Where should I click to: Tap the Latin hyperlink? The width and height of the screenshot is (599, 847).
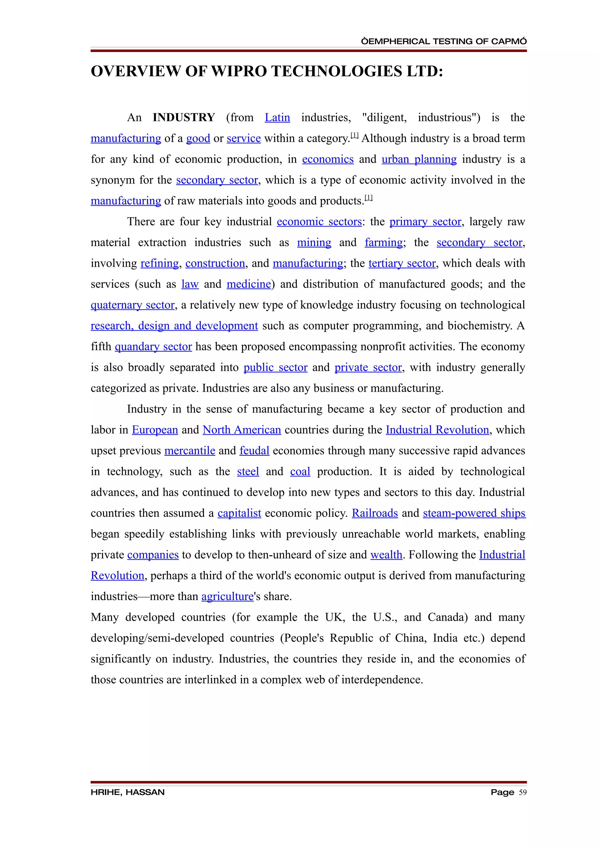(x=277, y=118)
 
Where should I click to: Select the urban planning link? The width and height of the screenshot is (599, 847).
(x=419, y=159)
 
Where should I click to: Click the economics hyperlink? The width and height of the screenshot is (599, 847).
(x=328, y=159)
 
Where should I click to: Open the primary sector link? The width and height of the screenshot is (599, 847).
(x=425, y=222)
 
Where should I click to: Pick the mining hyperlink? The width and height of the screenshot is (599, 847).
(x=314, y=243)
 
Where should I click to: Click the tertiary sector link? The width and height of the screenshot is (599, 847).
(x=402, y=263)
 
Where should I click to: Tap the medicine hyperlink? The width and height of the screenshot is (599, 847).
(x=249, y=284)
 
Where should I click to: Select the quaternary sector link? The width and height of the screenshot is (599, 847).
(x=132, y=305)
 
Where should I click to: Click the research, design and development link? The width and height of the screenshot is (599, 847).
(x=174, y=326)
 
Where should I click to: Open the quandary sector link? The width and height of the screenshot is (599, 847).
(x=153, y=347)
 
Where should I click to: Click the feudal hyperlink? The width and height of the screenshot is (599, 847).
(x=254, y=451)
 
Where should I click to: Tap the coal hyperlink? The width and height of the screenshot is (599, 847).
(x=300, y=472)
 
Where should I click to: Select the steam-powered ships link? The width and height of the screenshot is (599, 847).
(x=474, y=514)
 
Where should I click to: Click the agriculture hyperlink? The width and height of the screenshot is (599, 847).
(x=227, y=597)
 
